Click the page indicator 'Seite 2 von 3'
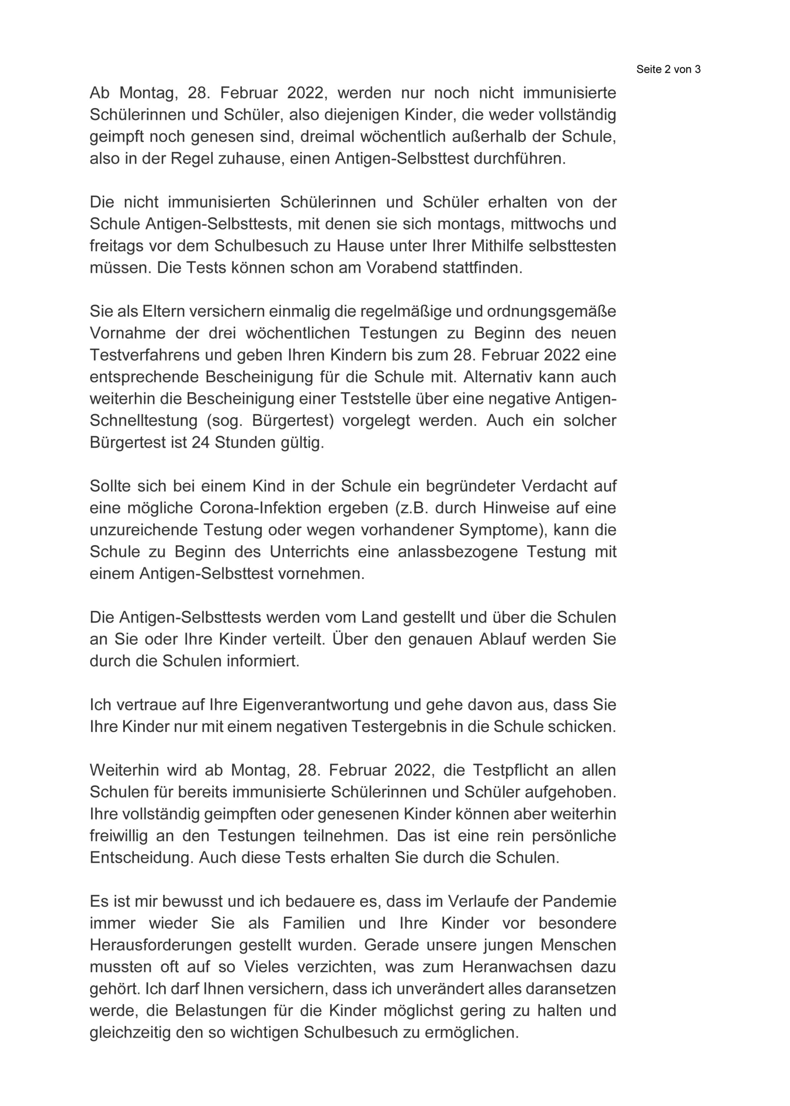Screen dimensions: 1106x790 pos(668,70)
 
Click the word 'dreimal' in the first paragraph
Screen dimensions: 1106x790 pos(327,137)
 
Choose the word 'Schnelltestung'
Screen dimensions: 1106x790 pos(143,420)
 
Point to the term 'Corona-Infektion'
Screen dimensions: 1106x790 pos(261,508)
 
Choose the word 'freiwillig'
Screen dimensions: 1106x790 pos(119,836)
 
